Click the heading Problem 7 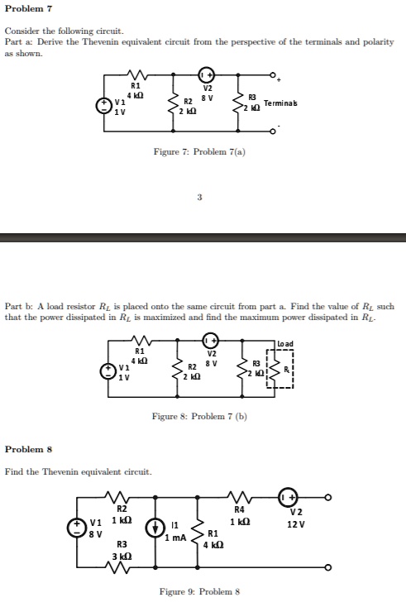28,8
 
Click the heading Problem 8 28,449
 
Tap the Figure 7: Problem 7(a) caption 199,151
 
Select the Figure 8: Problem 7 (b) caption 199,416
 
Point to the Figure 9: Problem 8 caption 199,591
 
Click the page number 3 199,197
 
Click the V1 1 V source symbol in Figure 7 103,106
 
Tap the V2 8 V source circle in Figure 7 207,74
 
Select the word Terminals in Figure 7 280,103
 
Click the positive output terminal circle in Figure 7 273,74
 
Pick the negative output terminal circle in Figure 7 273,131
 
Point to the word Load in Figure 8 285,344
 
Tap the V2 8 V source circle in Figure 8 211,341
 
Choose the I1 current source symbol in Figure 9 154,529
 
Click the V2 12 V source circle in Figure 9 287,497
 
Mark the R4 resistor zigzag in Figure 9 240,497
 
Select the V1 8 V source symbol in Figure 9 76,528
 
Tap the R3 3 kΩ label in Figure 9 122,550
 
